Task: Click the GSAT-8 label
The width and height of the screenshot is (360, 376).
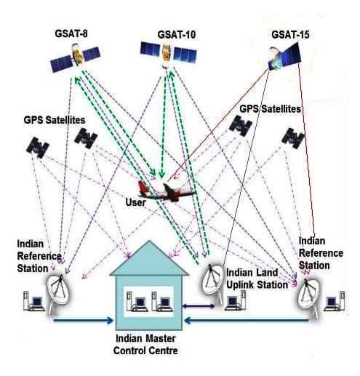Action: point(71,33)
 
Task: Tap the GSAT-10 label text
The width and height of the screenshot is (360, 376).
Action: point(177,34)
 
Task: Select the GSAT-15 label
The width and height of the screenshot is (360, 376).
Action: point(290,34)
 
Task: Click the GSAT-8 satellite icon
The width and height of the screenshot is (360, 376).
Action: point(76,57)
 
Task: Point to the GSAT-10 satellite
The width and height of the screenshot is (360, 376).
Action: point(168,53)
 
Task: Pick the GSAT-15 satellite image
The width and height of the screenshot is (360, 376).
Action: point(285,57)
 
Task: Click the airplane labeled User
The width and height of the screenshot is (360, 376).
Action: point(167,191)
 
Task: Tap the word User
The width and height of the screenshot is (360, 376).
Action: point(136,202)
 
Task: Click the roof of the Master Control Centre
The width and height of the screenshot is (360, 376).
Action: point(149,260)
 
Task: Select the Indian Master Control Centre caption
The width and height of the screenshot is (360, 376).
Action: point(145,345)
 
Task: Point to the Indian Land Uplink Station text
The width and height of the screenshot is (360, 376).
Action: point(257,279)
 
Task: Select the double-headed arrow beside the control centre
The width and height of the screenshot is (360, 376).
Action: point(199,306)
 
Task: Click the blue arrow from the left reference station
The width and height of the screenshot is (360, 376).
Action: point(83,321)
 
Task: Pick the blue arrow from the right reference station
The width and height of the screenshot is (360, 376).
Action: point(247,321)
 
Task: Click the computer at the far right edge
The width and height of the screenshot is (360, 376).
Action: point(335,301)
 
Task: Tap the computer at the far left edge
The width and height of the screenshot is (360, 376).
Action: point(34,301)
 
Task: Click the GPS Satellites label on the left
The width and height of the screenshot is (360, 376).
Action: point(55,120)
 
